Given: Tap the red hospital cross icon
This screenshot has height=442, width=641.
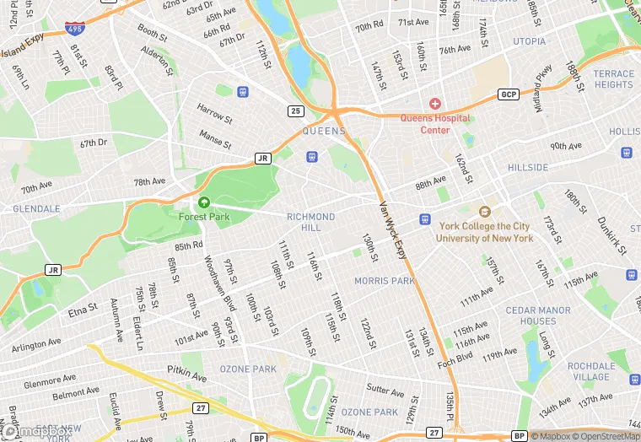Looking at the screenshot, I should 435,104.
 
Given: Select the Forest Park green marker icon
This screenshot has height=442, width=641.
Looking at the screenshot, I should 203,202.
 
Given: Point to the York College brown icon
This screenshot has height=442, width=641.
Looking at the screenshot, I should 484,213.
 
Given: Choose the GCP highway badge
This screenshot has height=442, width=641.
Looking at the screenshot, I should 508,94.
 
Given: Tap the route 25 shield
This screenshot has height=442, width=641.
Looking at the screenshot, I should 295,110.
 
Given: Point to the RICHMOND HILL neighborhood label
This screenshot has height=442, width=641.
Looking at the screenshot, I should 310,223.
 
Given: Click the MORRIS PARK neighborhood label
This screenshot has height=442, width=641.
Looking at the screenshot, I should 384,281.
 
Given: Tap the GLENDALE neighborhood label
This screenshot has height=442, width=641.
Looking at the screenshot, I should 36,208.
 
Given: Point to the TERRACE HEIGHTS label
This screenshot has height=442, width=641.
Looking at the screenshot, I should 613,79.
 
